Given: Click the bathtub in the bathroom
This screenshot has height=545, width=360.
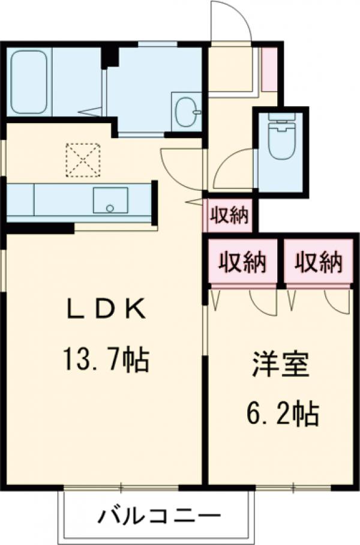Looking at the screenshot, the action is tap(29, 82).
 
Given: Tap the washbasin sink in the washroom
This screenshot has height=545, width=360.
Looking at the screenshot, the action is tap(188, 111).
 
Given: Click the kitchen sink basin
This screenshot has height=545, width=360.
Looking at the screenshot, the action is tap(110, 200).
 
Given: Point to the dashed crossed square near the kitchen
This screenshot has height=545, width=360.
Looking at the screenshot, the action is tap(83, 160).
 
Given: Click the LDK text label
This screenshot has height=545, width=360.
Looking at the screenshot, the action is tap(106, 309).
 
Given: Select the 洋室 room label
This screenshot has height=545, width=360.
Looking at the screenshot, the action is tap(280, 364).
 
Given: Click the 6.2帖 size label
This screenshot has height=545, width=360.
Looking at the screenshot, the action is tap(283, 414).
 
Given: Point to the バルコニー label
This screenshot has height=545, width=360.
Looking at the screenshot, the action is tap(160, 516).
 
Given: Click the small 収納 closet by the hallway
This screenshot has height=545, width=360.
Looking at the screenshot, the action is tap(229, 215).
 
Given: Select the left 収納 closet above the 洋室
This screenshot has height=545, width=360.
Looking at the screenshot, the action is tap(242, 261).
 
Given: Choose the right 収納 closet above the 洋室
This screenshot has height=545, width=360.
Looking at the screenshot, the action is tap(319, 261).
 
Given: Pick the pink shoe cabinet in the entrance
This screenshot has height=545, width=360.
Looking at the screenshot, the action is tap(269, 70).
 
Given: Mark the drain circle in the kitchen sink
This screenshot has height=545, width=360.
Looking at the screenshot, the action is tap(110, 208).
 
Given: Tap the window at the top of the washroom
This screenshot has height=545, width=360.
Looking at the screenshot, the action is tap(158, 44).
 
